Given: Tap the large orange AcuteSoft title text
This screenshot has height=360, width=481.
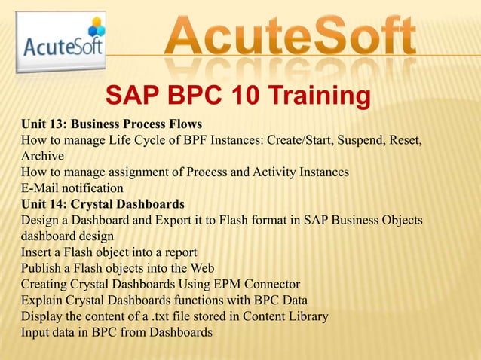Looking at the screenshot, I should (290, 36).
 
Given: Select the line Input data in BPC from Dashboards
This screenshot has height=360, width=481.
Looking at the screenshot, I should (117, 331).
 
